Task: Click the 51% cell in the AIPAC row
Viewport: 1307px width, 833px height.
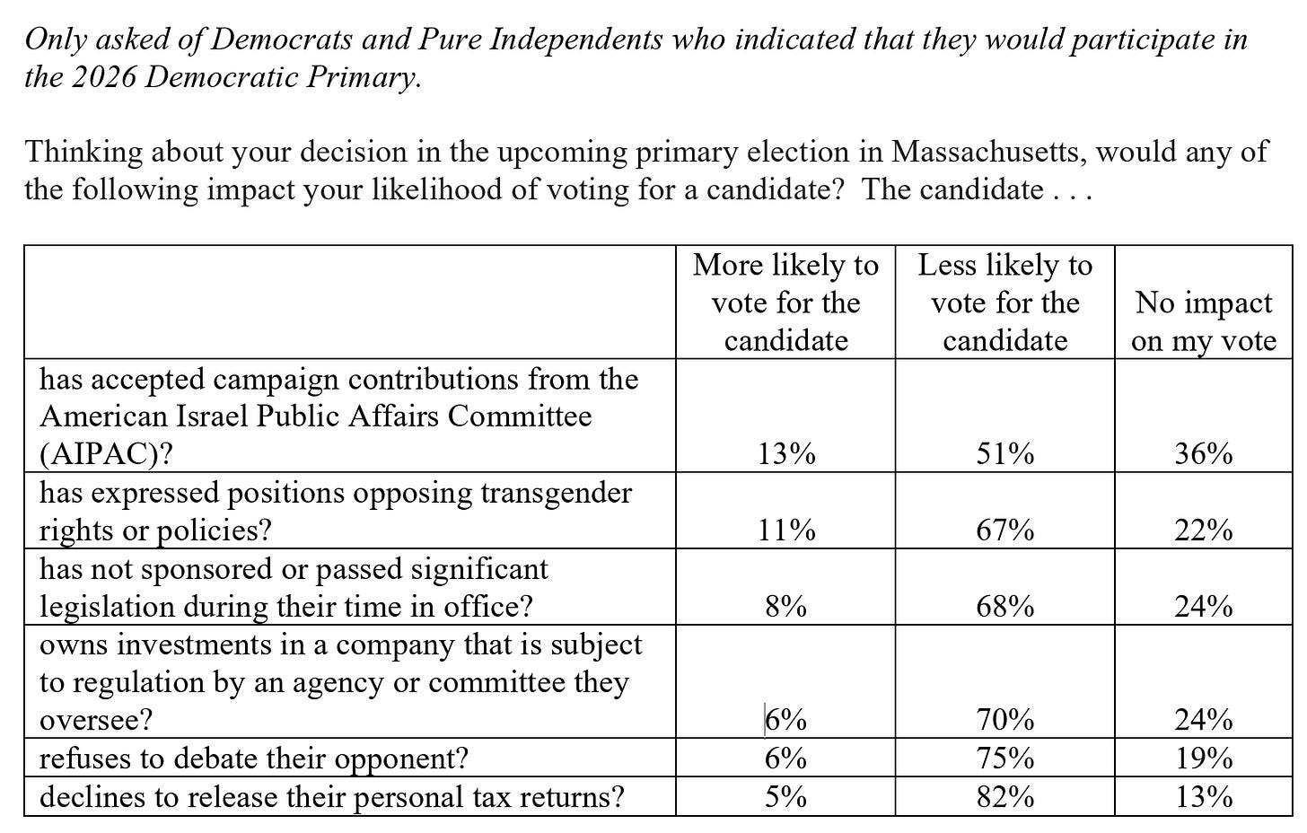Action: (1004, 454)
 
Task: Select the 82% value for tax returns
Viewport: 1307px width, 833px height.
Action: (1004, 797)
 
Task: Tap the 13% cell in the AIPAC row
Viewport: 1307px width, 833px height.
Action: (786, 454)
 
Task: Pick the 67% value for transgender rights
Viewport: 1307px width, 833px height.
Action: (1004, 530)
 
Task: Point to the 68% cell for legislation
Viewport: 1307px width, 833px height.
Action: (1004, 607)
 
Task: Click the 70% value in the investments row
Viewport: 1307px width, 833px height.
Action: (1004, 720)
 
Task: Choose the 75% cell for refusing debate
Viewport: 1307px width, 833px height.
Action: (1004, 758)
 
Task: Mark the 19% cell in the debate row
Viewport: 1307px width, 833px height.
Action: (1204, 758)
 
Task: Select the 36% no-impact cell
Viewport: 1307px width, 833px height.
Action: (1204, 454)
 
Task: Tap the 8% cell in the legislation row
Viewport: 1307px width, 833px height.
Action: (786, 607)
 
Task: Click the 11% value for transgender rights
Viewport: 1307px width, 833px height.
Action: (786, 530)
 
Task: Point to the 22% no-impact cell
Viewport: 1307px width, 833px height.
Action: (1204, 530)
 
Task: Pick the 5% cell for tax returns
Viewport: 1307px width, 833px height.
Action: (786, 797)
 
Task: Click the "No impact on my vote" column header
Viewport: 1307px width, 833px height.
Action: (1204, 321)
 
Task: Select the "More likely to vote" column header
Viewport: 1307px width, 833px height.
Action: (786, 303)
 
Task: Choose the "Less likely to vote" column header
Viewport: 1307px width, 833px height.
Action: (1004, 303)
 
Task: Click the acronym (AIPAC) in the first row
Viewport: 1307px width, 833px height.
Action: (106, 454)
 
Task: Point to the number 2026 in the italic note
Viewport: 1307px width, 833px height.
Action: (103, 77)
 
